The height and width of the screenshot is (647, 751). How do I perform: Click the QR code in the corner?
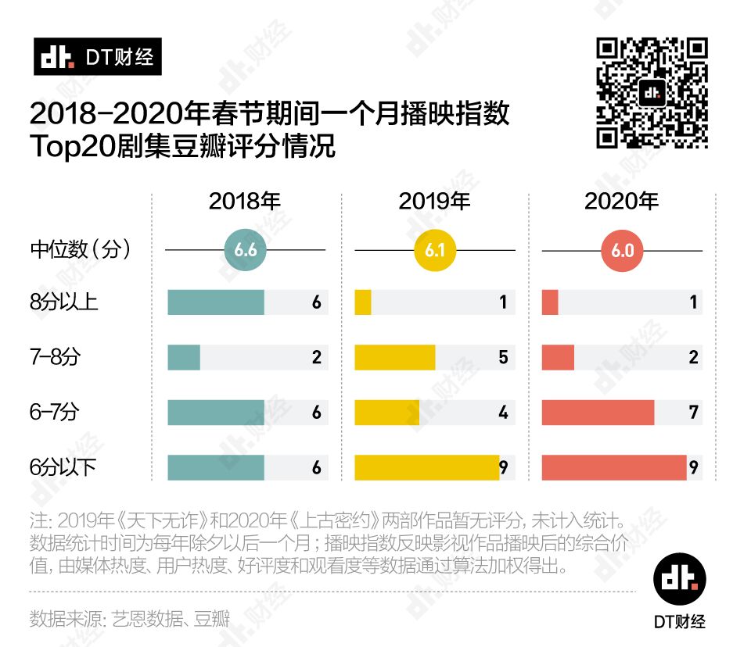652,93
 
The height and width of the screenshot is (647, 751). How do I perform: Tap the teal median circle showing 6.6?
245,250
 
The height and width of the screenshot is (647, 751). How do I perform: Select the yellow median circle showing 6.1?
435,250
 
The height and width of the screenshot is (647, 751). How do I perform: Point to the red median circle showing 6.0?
623,250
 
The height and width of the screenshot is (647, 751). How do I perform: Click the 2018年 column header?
244,202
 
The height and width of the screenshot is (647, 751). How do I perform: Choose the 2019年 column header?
434,202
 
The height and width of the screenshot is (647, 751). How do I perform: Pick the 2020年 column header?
621,202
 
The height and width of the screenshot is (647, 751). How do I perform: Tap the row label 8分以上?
64,302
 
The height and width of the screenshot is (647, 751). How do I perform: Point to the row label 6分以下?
64,467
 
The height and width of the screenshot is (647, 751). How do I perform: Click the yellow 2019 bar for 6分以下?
426,467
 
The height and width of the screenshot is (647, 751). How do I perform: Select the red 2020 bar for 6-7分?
598,413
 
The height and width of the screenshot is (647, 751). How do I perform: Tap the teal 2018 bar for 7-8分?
184,357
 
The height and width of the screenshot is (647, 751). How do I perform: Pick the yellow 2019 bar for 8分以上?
363,302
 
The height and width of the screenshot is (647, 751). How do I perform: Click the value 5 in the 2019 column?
503,357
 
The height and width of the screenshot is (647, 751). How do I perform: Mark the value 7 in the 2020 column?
693,413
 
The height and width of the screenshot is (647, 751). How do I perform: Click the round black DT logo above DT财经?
679,578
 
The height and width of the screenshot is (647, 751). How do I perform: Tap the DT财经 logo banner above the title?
97,57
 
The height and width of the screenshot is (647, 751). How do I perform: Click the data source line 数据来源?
130,619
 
